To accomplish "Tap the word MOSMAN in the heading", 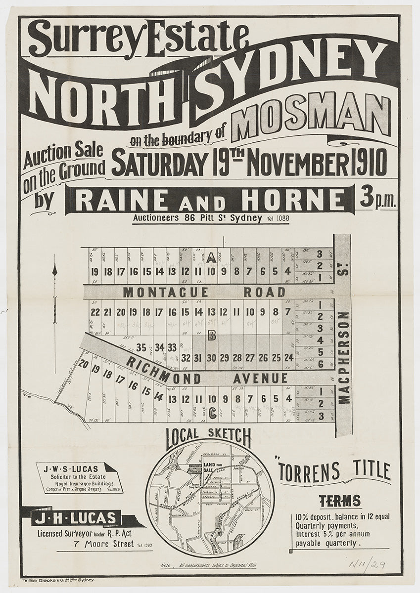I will [x=311, y=118].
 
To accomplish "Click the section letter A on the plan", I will [x=211, y=257].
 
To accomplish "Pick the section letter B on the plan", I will [x=211, y=337].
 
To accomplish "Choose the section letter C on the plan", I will [x=211, y=411].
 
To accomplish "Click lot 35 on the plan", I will [x=141, y=347].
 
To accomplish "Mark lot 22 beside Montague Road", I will [x=95, y=312].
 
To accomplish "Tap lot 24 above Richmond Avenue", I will [x=288, y=357].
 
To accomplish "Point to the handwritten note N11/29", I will [x=367, y=564].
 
